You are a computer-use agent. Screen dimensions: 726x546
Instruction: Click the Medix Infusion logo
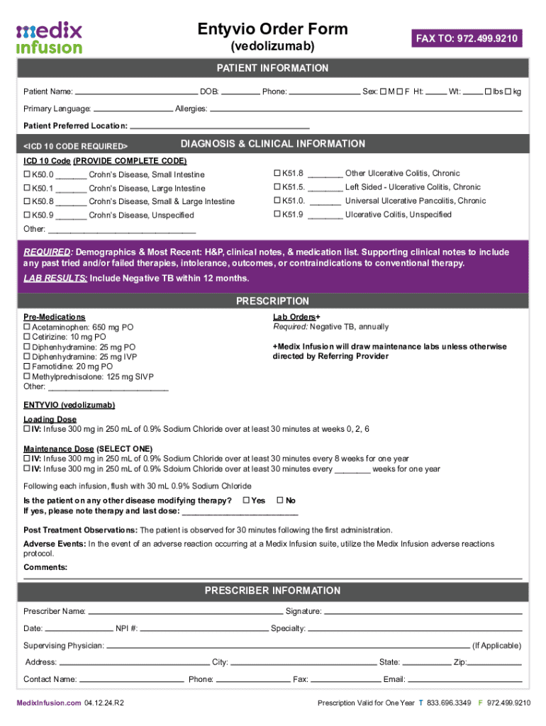[x=49, y=38]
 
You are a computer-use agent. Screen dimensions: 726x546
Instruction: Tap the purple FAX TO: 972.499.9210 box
[x=467, y=38]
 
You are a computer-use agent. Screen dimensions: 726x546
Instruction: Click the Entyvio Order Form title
[x=273, y=29]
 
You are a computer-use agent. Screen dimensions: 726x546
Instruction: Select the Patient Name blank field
[x=136, y=92]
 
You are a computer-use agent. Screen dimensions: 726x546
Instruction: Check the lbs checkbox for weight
[x=489, y=92]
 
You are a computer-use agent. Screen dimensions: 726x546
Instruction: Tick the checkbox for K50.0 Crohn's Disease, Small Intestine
[x=27, y=174]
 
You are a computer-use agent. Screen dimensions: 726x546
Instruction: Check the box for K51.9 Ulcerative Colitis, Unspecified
[x=277, y=214]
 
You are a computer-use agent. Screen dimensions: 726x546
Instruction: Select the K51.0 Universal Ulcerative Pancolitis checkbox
[x=277, y=201]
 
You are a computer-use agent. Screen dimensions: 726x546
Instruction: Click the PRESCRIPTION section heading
[x=273, y=301]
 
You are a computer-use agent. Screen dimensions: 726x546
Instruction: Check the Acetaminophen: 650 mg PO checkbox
[x=27, y=328]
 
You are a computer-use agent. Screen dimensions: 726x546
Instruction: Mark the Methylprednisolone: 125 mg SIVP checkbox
[x=27, y=377]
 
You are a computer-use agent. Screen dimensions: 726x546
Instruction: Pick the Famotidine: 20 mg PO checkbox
[x=27, y=367]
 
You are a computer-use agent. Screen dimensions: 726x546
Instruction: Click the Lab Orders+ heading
[x=296, y=317]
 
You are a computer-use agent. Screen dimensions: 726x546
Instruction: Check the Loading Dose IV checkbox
[x=27, y=430]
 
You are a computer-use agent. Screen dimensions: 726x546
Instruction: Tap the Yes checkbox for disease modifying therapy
[x=246, y=501]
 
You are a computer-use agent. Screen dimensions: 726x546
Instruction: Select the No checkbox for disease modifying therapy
[x=279, y=501]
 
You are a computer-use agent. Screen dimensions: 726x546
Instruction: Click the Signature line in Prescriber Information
[x=423, y=612]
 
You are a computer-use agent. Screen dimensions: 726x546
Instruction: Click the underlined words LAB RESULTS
[x=56, y=279]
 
